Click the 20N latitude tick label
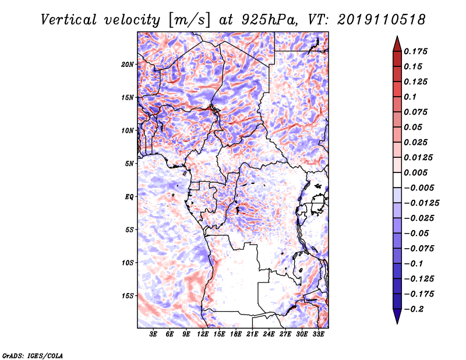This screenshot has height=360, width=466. click(x=128, y=65)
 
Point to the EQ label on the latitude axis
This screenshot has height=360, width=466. click(x=129, y=197)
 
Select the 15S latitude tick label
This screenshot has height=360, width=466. click(x=128, y=296)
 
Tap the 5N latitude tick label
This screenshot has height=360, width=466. click(x=129, y=164)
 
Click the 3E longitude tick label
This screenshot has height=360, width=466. click(x=153, y=334)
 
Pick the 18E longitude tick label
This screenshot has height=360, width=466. click(x=235, y=334)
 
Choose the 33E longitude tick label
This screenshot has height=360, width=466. click(x=318, y=334)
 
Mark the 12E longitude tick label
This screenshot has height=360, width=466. click(x=202, y=334)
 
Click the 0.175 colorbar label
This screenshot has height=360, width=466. click(x=415, y=51)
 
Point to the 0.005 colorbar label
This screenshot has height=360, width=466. click(x=415, y=172)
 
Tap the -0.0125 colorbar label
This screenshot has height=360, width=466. click(x=421, y=203)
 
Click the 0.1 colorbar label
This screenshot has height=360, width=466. click(x=410, y=97)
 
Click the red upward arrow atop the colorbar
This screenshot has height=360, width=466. click(x=397, y=44)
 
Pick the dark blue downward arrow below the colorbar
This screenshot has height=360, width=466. click(x=397, y=316)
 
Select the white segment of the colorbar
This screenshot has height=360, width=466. click(x=397, y=180)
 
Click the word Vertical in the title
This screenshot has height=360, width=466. click(x=69, y=20)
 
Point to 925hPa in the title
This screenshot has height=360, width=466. click(x=270, y=20)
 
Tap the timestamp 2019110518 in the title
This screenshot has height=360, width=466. click(x=382, y=20)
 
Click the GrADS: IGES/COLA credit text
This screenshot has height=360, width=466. click(x=33, y=355)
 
